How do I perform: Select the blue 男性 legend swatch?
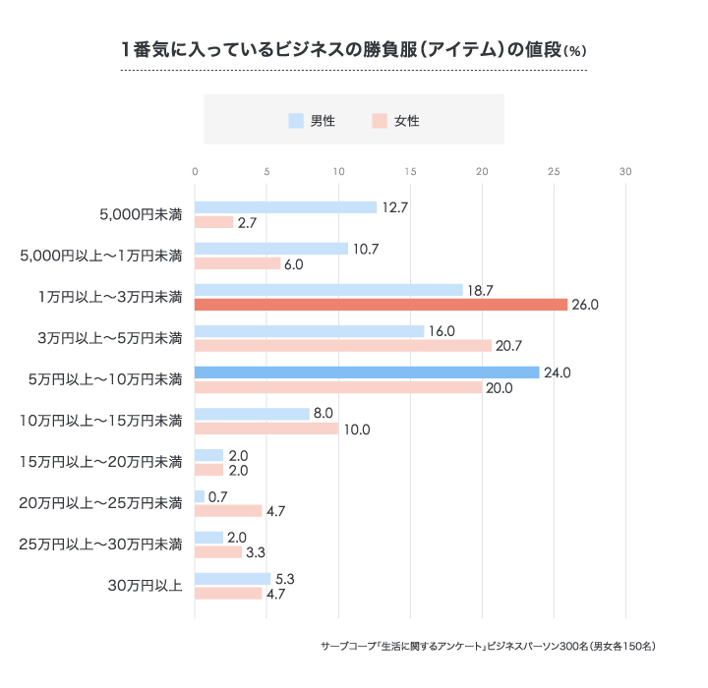(x=296, y=121)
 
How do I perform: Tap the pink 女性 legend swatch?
(x=380, y=121)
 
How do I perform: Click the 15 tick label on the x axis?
(x=410, y=172)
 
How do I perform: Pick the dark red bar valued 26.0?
(x=381, y=305)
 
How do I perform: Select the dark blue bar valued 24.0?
(x=367, y=373)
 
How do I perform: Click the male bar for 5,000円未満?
(x=285, y=207)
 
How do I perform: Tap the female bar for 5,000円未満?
(x=213, y=222)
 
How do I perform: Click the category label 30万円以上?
(x=144, y=586)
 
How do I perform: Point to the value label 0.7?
(x=218, y=496)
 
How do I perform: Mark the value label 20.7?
(x=509, y=346)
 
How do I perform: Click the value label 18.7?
(x=480, y=290)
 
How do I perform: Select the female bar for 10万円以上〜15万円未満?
(x=266, y=429)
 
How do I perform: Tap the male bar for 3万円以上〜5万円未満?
(x=309, y=331)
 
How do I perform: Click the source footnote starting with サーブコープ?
(x=488, y=647)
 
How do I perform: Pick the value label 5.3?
(x=285, y=579)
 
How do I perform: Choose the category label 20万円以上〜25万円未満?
(x=101, y=503)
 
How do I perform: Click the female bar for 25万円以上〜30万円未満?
(x=218, y=552)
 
